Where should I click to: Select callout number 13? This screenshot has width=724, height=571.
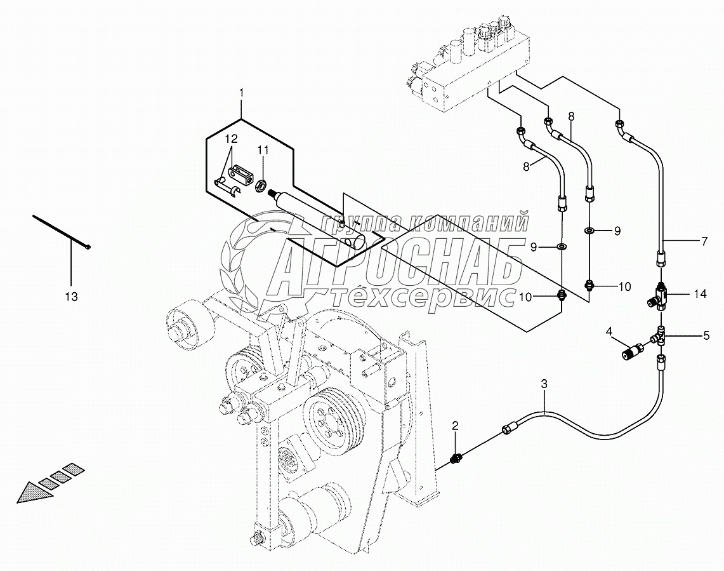(71, 296)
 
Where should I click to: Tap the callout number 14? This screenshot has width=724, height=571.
(699, 294)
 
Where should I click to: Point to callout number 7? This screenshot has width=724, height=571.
(704, 241)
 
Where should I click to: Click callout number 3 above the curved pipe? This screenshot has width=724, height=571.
(544, 384)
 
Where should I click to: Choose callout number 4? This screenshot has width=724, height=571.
(609, 331)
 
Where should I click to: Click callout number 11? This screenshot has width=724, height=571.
(263, 151)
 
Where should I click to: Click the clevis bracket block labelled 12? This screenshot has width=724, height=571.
(243, 172)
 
